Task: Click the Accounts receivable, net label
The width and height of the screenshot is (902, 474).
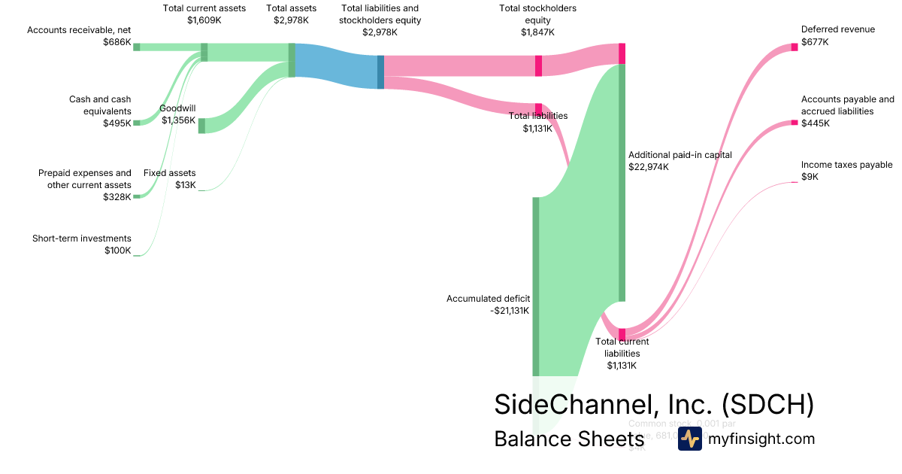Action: tap(79, 30)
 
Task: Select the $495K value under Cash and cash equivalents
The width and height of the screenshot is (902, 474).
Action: tap(117, 123)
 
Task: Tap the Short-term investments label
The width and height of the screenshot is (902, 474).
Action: tap(81, 239)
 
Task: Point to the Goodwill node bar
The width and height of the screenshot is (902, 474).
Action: tap(201, 126)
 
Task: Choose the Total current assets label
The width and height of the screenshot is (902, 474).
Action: tap(204, 8)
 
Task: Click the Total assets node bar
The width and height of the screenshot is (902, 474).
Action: tap(292, 60)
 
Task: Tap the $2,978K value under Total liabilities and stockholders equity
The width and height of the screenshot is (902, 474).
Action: tap(380, 32)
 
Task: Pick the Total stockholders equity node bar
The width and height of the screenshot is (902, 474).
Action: tap(538, 65)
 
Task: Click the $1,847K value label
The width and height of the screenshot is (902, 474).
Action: tap(537, 32)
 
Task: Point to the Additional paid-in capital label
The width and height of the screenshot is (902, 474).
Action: tap(680, 155)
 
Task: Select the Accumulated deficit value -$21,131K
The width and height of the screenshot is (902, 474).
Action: tap(510, 310)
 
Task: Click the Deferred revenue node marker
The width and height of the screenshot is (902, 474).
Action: tap(794, 47)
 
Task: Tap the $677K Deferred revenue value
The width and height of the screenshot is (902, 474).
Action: tap(815, 42)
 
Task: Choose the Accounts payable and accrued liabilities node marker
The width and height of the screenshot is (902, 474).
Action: tap(794, 122)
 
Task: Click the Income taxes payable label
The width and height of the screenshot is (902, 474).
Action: tap(846, 165)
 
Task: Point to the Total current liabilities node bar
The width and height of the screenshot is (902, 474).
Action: tap(622, 334)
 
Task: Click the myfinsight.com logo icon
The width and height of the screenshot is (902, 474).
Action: tap(689, 439)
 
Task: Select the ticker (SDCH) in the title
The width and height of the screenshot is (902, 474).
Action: tap(767, 404)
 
